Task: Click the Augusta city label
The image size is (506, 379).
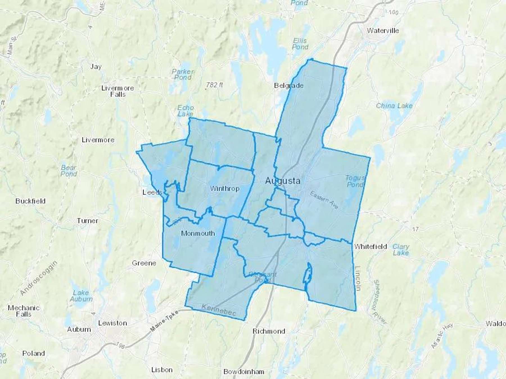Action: (x=283, y=181)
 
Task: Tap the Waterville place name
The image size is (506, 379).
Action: (x=383, y=30)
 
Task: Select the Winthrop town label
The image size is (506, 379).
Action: (x=225, y=188)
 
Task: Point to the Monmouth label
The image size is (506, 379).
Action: (x=198, y=233)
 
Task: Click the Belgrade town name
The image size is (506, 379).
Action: (x=289, y=85)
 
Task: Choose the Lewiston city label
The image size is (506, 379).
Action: (x=112, y=323)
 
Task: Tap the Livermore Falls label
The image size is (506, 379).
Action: (x=118, y=91)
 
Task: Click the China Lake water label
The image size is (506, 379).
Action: (x=394, y=106)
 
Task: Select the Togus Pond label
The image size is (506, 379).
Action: (x=355, y=181)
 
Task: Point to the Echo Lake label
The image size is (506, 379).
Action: (x=186, y=111)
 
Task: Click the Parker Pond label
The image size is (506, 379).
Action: (x=183, y=74)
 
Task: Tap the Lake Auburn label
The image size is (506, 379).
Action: (x=81, y=296)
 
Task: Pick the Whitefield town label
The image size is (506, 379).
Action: (x=371, y=246)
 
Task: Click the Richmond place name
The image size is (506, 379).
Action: (x=269, y=331)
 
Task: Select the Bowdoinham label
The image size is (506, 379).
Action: (x=244, y=372)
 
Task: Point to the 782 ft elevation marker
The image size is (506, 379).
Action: (x=214, y=85)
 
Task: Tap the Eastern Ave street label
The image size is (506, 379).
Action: (x=324, y=200)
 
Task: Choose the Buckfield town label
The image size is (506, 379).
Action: (x=30, y=201)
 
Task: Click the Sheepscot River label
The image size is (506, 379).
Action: (x=380, y=302)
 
